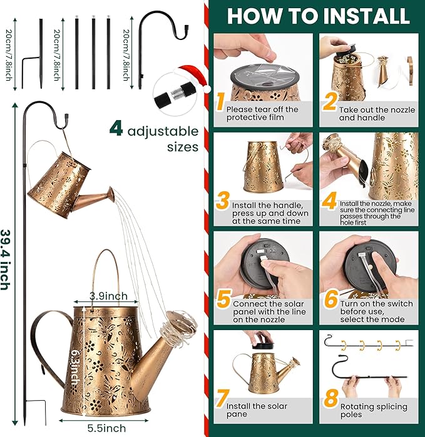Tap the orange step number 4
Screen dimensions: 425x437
pos(329,200)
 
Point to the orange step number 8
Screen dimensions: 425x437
pos(331,398)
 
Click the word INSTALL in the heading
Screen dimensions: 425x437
pos(364,16)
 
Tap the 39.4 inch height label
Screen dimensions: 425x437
pos(6,259)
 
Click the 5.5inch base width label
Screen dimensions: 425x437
pos(106,428)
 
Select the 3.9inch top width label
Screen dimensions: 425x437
pos(108,296)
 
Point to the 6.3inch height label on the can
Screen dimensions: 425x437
pos(74,368)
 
